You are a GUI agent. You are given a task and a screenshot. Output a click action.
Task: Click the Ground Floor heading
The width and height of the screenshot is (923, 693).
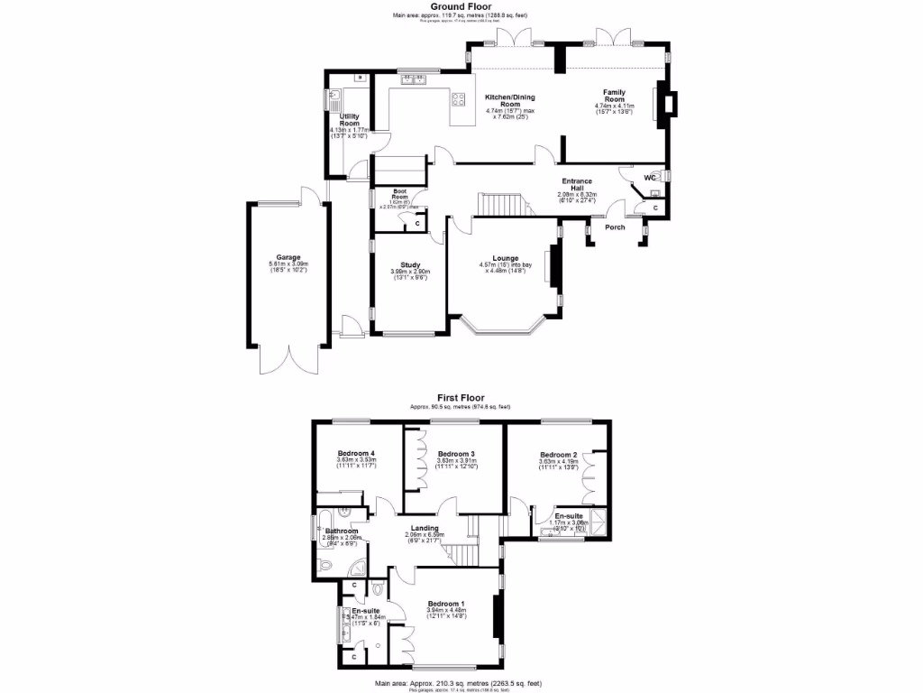click(x=461, y=6)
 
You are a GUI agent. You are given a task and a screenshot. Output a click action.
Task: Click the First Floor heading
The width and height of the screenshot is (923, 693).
click(x=461, y=397)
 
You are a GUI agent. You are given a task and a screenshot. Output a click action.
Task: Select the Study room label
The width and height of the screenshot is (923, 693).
click(x=410, y=264)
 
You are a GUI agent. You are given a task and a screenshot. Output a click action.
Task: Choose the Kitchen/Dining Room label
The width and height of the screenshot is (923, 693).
click(x=510, y=100)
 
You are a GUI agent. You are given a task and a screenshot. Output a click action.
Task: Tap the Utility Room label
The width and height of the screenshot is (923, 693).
click(x=349, y=120)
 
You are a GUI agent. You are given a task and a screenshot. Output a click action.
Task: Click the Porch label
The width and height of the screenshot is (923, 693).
click(x=615, y=226)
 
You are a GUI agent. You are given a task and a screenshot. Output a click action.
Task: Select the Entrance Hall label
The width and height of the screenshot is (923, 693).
click(x=577, y=185)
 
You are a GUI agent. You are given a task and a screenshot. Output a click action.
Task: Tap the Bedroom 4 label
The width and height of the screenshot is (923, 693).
click(x=356, y=453)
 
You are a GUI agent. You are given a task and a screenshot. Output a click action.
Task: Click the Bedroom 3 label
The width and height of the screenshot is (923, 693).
click(x=456, y=453)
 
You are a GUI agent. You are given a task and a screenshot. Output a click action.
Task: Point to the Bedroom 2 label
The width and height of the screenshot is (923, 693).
click(x=558, y=454)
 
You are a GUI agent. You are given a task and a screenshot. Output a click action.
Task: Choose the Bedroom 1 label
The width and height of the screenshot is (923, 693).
click(x=446, y=603)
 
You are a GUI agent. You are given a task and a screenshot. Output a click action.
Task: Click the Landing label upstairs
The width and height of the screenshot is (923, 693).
click(x=424, y=528)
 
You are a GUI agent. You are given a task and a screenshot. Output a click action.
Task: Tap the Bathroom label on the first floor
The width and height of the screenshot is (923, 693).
click(x=343, y=531)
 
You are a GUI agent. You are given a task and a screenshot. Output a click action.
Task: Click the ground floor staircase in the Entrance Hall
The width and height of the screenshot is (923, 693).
click(x=498, y=205)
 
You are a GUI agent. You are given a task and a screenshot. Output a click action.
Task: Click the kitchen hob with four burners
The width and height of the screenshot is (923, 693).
click(x=460, y=99)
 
